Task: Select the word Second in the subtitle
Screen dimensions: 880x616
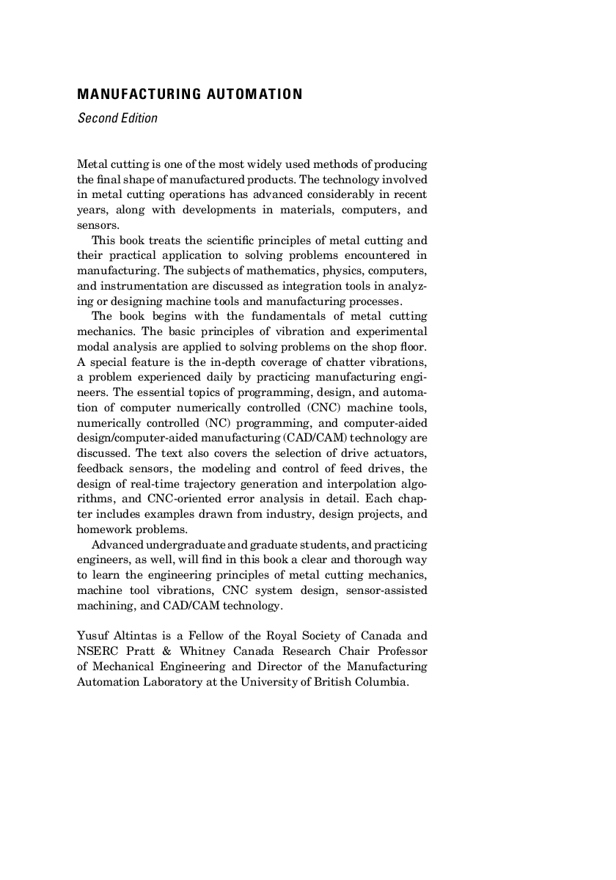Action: tap(96, 118)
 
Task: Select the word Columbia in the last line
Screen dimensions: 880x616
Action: tap(381, 681)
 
